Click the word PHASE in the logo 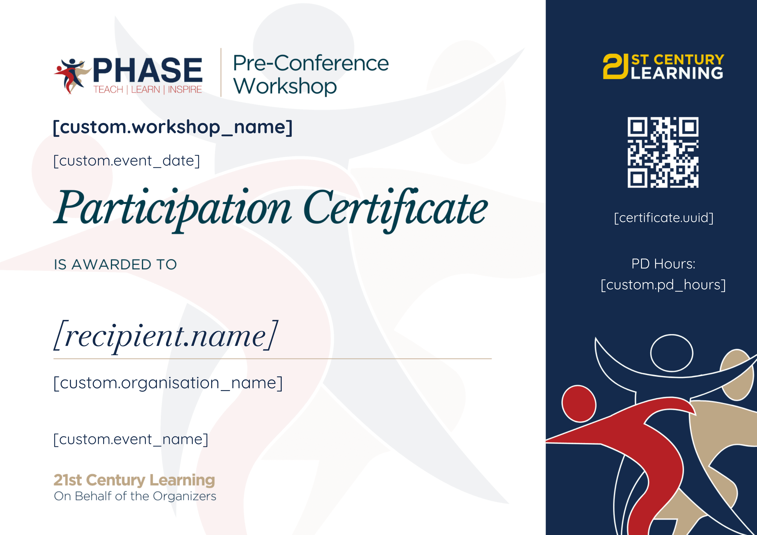[x=148, y=70]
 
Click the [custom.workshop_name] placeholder [x=172, y=127]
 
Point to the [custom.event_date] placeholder [x=127, y=161]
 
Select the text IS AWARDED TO [x=115, y=264]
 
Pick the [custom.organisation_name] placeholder [x=168, y=383]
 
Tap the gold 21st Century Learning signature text [x=134, y=480]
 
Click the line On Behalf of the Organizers [x=135, y=496]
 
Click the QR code [x=663, y=152]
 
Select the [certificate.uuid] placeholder [x=664, y=218]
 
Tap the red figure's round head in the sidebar [x=579, y=404]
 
